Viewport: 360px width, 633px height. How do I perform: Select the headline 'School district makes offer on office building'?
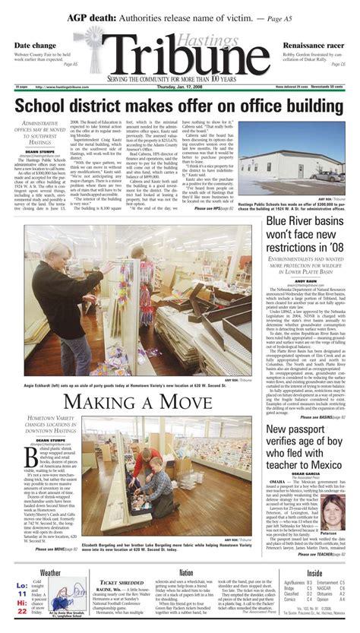coord(180,104)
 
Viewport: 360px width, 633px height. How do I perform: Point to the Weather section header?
coord(51,552)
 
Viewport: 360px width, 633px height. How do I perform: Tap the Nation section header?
coord(186,552)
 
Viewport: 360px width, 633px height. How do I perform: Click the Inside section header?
coord(314,552)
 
